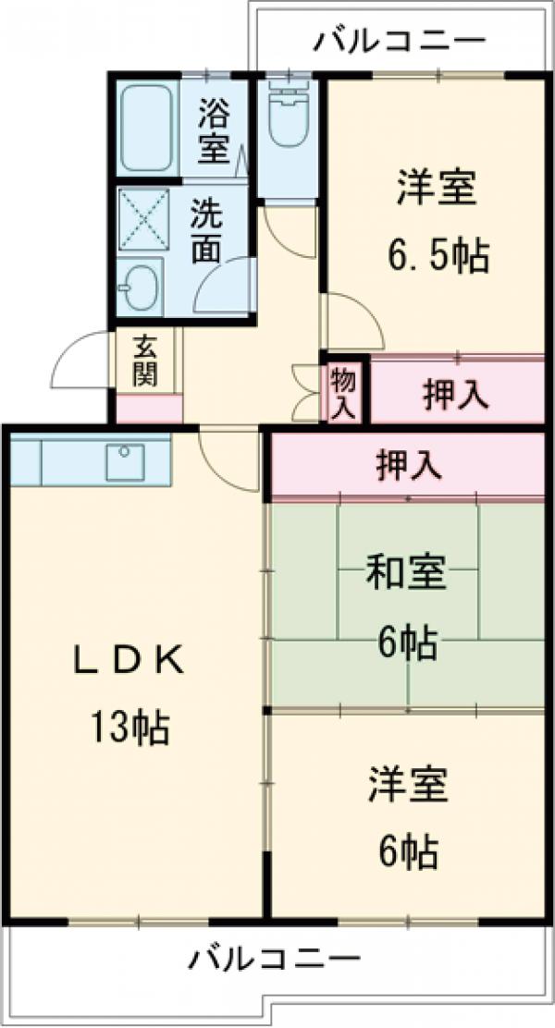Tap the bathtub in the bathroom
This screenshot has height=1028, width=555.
[146, 128]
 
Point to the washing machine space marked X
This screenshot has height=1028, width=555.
[143, 219]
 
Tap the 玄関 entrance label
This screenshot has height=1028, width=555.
[145, 361]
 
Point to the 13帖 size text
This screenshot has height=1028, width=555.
[129, 729]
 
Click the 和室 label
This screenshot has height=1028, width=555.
[406, 574]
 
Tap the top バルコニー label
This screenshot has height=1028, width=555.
[399, 41]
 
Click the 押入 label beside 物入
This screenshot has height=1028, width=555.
[456, 395]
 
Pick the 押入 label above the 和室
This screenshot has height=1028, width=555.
[408, 464]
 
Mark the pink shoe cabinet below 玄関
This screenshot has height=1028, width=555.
[149, 408]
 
